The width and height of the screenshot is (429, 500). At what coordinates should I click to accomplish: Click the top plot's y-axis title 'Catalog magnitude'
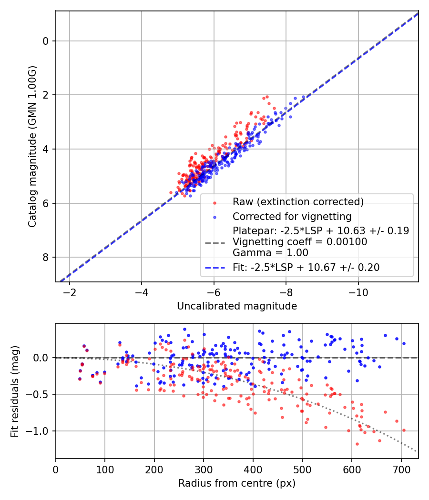pos(32,147)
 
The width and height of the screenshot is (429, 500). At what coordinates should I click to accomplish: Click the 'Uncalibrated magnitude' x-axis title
pos(237,306)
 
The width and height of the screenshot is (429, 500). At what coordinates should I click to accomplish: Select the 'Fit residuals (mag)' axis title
pos(15,391)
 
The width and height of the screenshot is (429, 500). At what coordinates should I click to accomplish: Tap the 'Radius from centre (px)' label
pos(237,483)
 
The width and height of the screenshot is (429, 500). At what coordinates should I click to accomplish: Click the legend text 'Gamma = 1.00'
pos(270,253)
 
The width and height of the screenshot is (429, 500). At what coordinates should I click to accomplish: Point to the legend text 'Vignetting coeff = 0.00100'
pos(300,242)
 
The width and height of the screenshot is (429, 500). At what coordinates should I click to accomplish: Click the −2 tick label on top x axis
pos(70,292)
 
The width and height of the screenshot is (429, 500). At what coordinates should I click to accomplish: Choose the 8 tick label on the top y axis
pos(45,258)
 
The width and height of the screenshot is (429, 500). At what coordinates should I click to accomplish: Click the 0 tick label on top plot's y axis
pos(45,41)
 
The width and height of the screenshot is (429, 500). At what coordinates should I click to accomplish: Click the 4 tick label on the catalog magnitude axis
pos(45,150)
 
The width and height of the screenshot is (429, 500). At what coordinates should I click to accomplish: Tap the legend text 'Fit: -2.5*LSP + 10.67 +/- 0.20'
pos(306,268)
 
